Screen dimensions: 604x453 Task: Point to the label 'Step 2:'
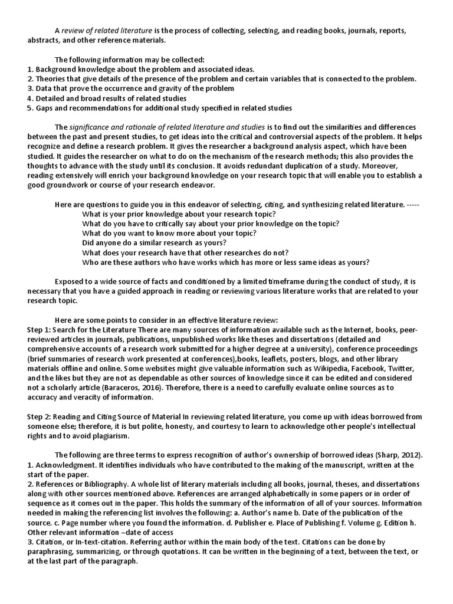click(x=41, y=416)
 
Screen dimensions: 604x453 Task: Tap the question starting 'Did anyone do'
click(x=155, y=242)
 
